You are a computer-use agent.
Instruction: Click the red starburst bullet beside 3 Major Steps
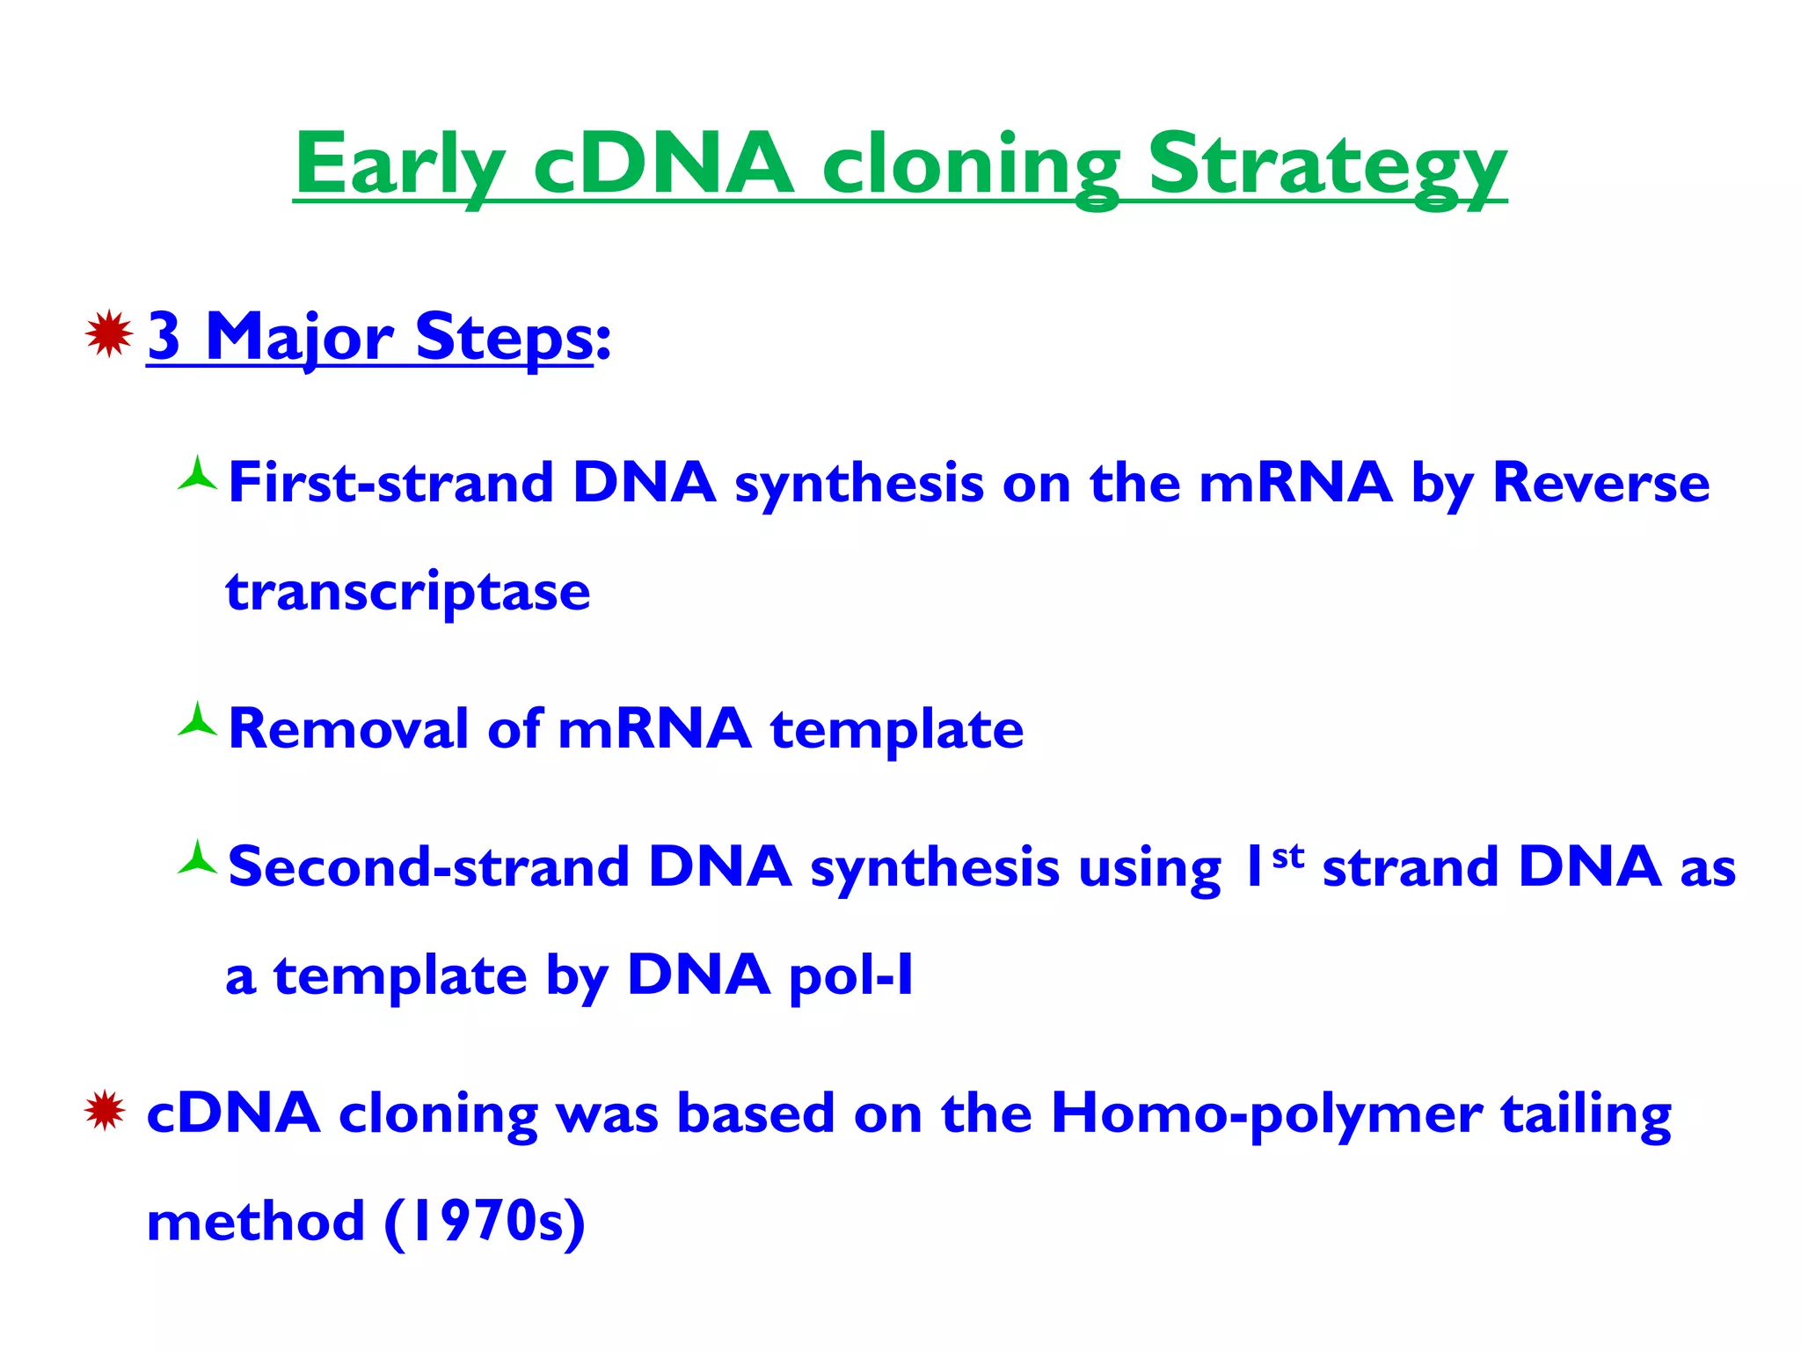point(109,334)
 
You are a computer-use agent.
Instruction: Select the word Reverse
point(1600,483)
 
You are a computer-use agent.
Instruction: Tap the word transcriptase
point(408,592)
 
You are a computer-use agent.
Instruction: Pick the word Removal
point(348,729)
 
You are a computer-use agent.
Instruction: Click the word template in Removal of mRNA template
point(897,729)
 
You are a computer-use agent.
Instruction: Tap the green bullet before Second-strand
point(197,859)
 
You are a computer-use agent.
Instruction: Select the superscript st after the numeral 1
point(1288,855)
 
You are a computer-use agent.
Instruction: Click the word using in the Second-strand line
point(1149,869)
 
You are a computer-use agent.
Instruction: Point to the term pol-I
point(851,975)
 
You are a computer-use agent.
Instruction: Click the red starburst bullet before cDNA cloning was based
point(106,1110)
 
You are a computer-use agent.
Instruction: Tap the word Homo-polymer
point(1266,1114)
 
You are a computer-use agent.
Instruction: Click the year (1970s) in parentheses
point(485,1222)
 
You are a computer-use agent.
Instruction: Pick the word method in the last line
point(255,1222)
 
